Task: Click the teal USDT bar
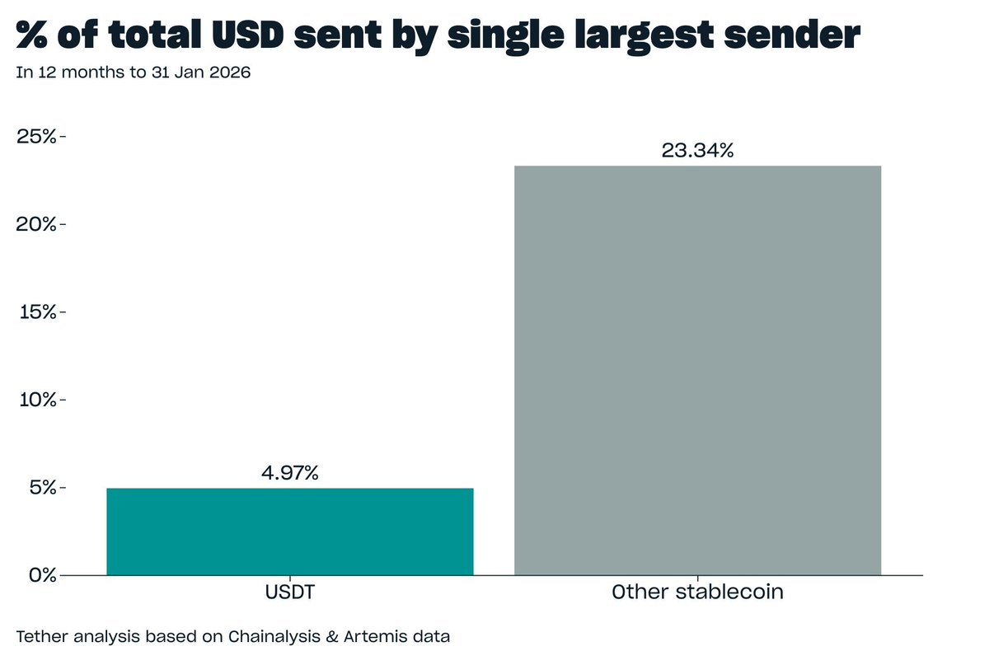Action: tap(290, 532)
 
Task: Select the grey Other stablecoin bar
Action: tap(697, 371)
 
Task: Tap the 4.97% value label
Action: tap(289, 474)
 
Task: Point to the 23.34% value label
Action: tap(697, 151)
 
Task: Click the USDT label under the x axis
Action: tap(290, 592)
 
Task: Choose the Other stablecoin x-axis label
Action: tap(697, 592)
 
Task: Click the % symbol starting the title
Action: tap(35, 36)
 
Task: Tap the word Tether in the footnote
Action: tap(40, 636)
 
